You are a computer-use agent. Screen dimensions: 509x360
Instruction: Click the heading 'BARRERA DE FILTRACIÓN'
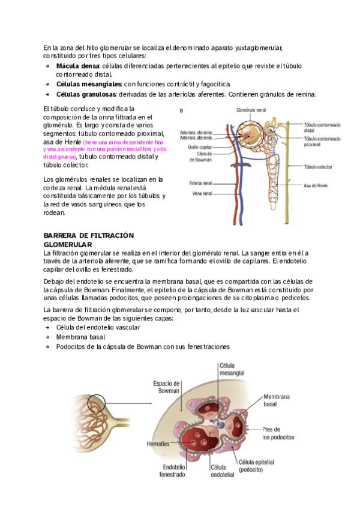(x=89, y=236)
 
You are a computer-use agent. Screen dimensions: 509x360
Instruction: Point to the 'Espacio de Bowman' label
(x=167, y=387)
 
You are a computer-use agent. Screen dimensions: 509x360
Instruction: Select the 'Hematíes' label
(x=158, y=444)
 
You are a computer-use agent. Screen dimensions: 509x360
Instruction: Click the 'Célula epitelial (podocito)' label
(x=259, y=466)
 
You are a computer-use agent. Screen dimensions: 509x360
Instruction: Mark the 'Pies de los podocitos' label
(x=278, y=433)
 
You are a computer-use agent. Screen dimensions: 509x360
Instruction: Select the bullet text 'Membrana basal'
(x=80, y=337)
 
